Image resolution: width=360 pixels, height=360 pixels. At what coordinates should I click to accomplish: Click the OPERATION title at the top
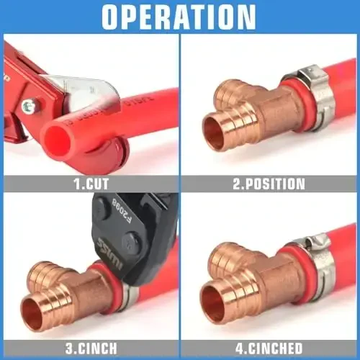[x=179, y=17]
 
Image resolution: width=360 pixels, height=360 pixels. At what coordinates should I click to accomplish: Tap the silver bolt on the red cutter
[x=28, y=107]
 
